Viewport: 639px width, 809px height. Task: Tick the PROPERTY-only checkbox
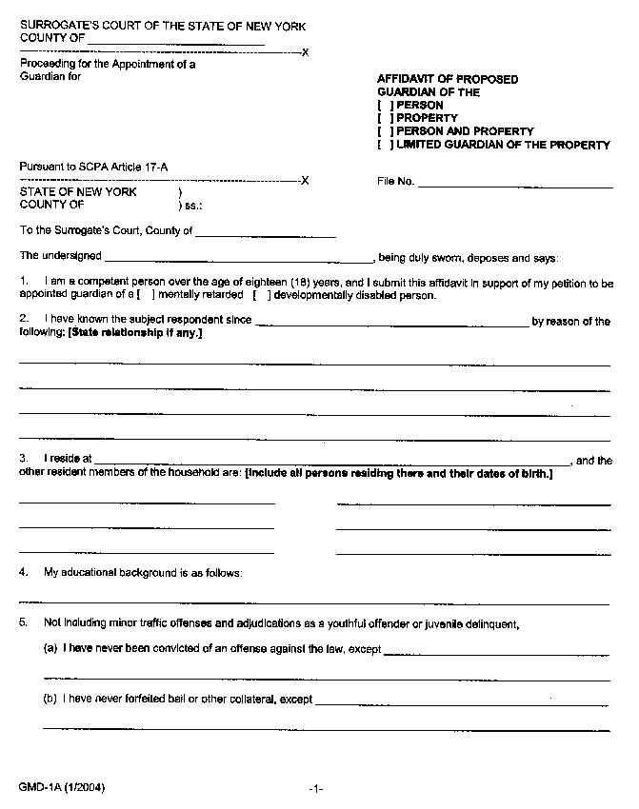(x=384, y=118)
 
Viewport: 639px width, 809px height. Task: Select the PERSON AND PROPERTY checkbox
(x=384, y=131)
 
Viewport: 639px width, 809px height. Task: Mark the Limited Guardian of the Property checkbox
(x=384, y=146)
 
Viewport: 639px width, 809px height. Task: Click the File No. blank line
(x=514, y=184)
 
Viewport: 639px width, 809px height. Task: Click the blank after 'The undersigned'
(x=238, y=258)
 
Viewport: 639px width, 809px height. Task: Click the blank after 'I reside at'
(x=333, y=461)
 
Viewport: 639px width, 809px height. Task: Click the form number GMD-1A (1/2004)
(x=61, y=788)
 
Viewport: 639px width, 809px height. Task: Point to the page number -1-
(x=317, y=789)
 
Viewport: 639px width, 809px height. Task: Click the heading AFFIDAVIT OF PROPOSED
(x=448, y=80)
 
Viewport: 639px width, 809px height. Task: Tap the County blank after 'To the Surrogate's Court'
(x=266, y=231)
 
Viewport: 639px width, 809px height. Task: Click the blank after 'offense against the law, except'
(x=495, y=651)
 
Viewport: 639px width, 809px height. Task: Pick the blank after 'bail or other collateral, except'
(x=461, y=700)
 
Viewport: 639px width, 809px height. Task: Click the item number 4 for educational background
(x=24, y=572)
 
